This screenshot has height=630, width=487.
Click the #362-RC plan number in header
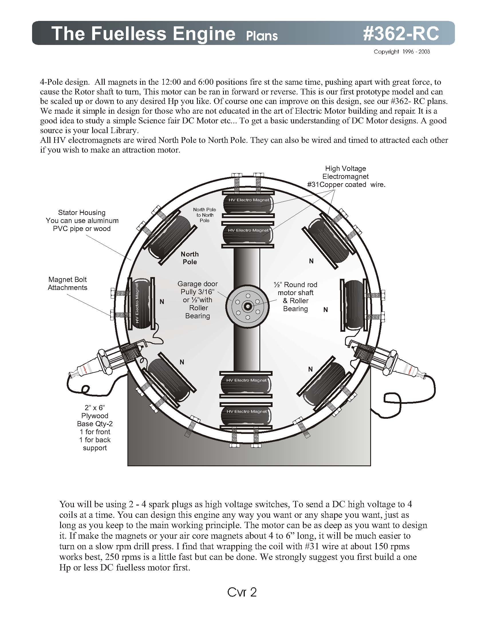pyautogui.click(x=401, y=33)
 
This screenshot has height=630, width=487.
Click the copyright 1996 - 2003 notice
pyautogui.click(x=402, y=52)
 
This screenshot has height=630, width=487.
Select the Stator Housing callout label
pyautogui.click(x=82, y=220)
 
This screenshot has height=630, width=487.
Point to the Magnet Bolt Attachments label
pyautogui.click(x=68, y=283)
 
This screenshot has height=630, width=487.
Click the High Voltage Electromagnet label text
pyautogui.click(x=346, y=176)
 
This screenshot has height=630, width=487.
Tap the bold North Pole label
pyautogui.click(x=190, y=258)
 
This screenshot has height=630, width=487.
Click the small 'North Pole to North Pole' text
pyautogui.click(x=204, y=215)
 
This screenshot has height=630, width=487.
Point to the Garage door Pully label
pyautogui.click(x=198, y=300)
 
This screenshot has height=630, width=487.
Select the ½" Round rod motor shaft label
pyautogui.click(x=295, y=297)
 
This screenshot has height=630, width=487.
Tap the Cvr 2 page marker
pyautogui.click(x=242, y=592)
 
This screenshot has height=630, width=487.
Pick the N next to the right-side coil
pyautogui.click(x=326, y=310)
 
